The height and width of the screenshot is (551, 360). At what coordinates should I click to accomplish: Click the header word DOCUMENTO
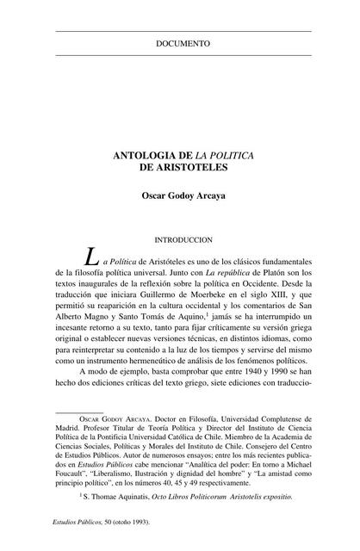pyautogui.click(x=183, y=42)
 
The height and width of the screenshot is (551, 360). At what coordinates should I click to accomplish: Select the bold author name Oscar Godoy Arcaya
pyautogui.click(x=183, y=195)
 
